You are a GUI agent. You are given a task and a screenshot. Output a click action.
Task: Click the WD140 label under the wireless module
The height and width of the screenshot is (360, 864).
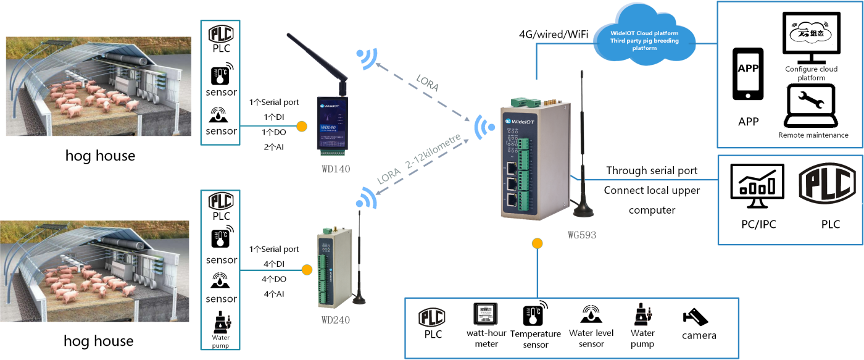point(335,168)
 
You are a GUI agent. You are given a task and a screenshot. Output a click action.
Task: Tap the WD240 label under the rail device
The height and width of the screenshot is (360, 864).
point(336,321)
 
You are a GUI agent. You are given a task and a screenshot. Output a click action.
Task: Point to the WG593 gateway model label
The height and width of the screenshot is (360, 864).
point(582,235)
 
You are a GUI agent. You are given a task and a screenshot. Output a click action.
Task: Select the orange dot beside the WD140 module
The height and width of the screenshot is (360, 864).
point(302,126)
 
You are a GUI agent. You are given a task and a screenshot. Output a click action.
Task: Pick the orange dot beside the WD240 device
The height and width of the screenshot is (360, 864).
point(306,270)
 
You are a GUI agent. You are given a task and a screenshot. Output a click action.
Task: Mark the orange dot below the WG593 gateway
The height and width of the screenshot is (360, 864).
point(537,243)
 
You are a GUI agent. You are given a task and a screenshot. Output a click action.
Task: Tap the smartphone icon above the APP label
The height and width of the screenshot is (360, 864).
point(748,73)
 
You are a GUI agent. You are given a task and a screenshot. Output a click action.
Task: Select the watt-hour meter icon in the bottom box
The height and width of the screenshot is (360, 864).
point(485,314)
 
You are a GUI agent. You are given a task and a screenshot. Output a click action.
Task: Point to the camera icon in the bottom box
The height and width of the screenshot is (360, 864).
point(696,317)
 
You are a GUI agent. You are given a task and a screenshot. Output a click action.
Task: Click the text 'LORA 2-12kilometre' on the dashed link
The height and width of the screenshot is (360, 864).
point(418,163)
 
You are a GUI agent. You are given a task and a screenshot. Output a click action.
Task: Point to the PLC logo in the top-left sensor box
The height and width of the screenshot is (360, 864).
point(220,33)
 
